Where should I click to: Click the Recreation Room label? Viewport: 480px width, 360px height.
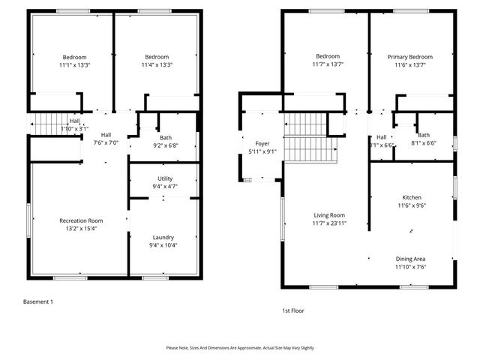tap(81, 220)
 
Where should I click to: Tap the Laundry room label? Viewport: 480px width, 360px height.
tap(163, 236)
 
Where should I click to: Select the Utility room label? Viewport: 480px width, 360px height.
tap(164, 178)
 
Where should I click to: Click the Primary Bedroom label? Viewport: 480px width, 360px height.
tap(409, 56)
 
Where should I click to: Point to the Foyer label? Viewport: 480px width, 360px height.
tap(262, 142)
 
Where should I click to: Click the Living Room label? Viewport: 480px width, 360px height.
tap(328, 214)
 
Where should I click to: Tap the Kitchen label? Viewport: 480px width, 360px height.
tap(411, 196)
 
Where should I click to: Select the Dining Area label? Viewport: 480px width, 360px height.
tap(410, 258)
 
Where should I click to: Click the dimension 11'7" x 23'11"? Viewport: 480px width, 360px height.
tap(328, 223)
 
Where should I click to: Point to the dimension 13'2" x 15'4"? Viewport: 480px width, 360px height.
tap(81, 229)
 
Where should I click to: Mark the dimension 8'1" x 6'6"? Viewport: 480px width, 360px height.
tap(424, 143)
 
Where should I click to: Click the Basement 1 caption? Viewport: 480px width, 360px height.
tap(38, 301)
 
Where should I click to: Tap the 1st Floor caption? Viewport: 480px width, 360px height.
tap(292, 310)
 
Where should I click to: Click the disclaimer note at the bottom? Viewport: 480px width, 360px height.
tap(241, 348)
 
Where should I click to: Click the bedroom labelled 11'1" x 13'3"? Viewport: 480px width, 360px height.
tap(74, 61)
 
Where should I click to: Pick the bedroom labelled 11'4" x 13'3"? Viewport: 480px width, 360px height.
tap(157, 61)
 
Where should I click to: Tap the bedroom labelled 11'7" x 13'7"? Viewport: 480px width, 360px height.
tap(328, 61)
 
